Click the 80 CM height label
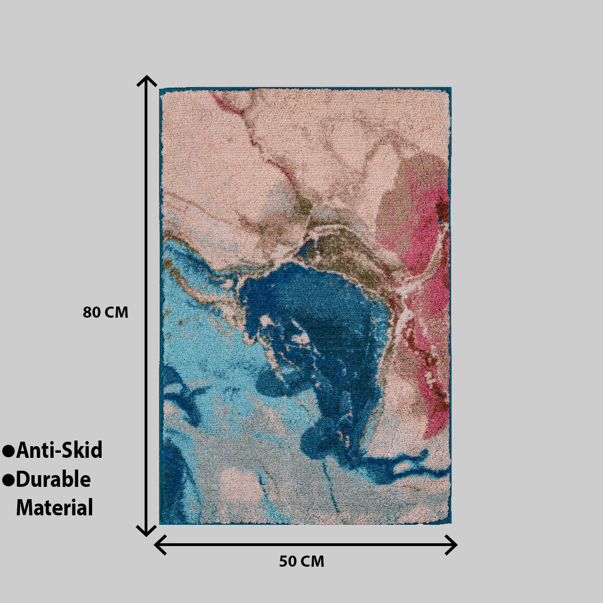click(x=106, y=313)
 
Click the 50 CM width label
click(x=301, y=562)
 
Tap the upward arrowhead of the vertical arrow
click(x=146, y=79)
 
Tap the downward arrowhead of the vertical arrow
click(x=146, y=532)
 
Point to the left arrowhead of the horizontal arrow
click(x=158, y=544)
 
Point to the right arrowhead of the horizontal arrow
click(x=453, y=544)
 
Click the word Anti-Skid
click(x=59, y=450)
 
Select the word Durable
click(x=53, y=479)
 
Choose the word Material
click(x=54, y=508)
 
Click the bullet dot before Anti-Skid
click(x=8, y=451)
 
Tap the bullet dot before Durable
click(x=8, y=480)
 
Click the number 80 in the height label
click(x=92, y=313)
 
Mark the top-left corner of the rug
click(x=160, y=89)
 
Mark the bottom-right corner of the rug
click(x=451, y=523)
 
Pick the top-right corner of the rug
click(x=451, y=88)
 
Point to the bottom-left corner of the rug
click(x=160, y=523)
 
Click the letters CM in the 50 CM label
click(x=313, y=562)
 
